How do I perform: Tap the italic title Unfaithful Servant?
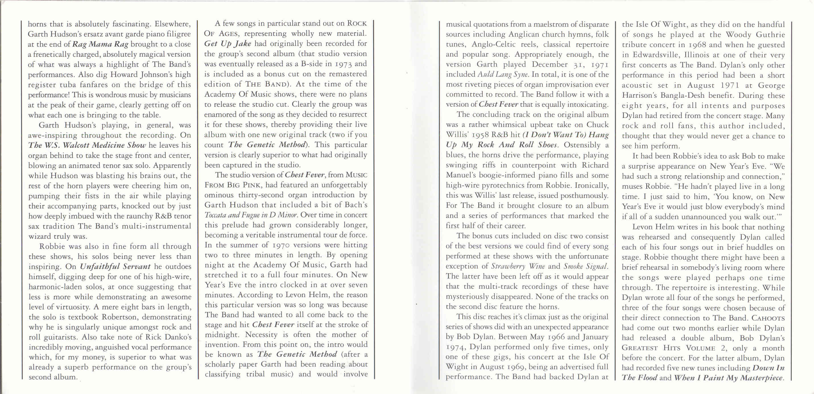click(115, 266)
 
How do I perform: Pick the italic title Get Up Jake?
click(228, 43)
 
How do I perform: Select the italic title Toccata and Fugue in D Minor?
click(251, 215)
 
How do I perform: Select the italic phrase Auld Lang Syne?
click(503, 74)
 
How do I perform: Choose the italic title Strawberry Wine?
click(518, 266)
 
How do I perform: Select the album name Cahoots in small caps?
click(768, 318)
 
